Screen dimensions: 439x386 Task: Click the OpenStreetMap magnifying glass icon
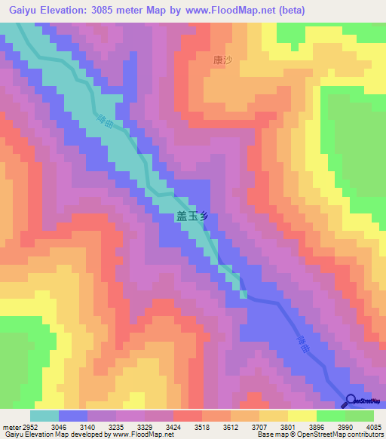coord(351,401)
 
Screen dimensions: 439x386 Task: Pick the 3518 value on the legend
coord(201,427)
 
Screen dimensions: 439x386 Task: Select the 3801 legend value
coord(286,427)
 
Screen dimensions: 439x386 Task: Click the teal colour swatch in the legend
coord(44,416)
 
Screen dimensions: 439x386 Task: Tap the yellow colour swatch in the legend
coord(302,416)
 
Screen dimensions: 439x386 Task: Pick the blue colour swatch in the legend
coord(73,416)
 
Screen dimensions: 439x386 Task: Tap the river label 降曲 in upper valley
coord(104,120)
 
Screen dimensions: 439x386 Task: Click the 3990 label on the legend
coord(344,427)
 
